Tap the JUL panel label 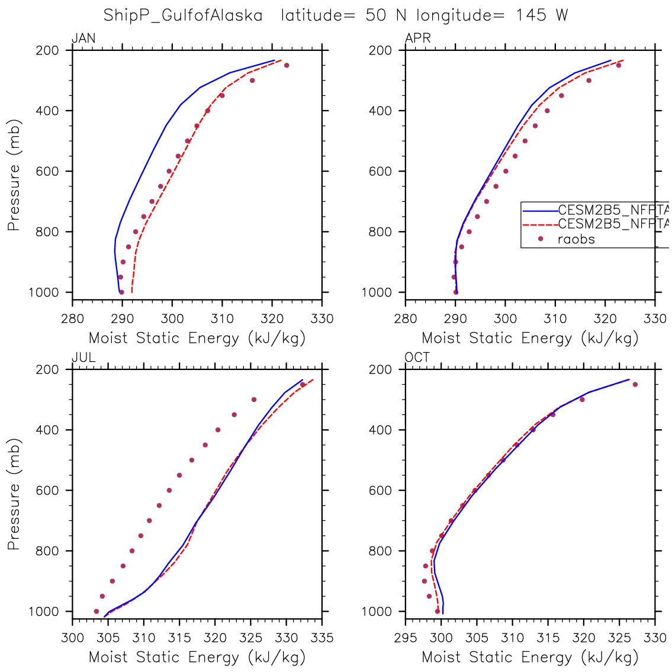pyautogui.click(x=83, y=358)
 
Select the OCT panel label pyautogui.click(x=417, y=358)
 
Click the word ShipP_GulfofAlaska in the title pyautogui.click(x=183, y=15)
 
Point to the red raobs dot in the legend pyautogui.click(x=540, y=239)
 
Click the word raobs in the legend pyautogui.click(x=576, y=239)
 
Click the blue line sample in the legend pyautogui.click(x=540, y=210)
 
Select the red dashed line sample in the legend pyautogui.click(x=540, y=224)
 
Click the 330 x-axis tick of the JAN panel pyautogui.click(x=322, y=319)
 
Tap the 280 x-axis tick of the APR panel pyautogui.click(x=406, y=319)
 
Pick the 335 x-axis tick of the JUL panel pyautogui.click(x=322, y=638)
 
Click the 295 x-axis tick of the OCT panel pyautogui.click(x=406, y=638)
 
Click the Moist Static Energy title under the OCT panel pyautogui.click(x=530, y=657)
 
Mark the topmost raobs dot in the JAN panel pyautogui.click(x=287, y=65)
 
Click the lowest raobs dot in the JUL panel pyautogui.click(x=97, y=611)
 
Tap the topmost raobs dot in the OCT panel pyautogui.click(x=635, y=384)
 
